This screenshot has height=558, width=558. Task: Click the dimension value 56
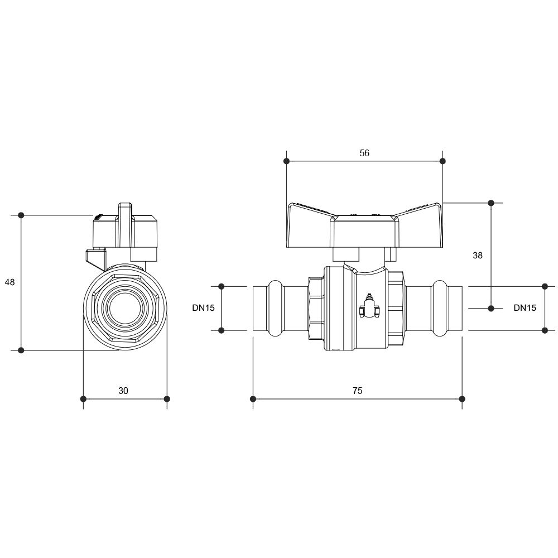pos(364,153)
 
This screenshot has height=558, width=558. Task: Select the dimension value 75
pos(358,391)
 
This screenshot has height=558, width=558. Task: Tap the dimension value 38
pos(478,255)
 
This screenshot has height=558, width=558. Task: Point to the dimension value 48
pos(9,282)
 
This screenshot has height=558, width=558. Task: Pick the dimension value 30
pos(123,391)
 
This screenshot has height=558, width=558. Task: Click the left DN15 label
pos(204,308)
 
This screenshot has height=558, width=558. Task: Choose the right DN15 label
pos(525,308)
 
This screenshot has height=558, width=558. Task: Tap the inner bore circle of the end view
pos(125,308)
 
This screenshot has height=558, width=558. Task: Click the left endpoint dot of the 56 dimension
pos(286,161)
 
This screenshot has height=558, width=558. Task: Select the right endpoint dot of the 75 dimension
pos(462,399)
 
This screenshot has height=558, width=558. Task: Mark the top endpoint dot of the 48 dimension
pos(21,215)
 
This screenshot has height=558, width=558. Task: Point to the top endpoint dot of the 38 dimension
pos(491,203)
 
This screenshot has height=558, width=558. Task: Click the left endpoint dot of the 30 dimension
pos(83,399)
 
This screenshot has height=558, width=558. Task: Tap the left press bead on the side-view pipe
pos(276,308)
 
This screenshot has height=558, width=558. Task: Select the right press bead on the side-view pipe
pos(440,308)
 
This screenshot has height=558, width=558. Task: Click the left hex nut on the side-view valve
pos(316,308)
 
